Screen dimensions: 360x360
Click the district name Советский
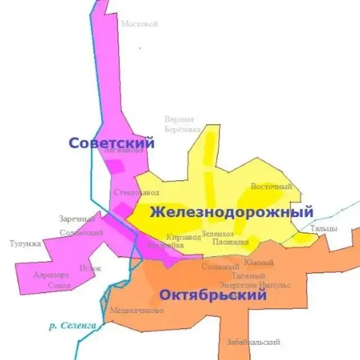[111, 143]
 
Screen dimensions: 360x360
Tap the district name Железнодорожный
[231, 213]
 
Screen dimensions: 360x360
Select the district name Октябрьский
[213, 295]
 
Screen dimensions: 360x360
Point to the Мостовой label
[139, 24]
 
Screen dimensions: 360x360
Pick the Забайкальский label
[254, 342]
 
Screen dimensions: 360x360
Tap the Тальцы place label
[323, 228]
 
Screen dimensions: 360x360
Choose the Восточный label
[272, 187]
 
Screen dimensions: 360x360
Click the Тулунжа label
[25, 244]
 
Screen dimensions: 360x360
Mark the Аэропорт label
[51, 275]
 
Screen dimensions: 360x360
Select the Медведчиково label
[137, 310]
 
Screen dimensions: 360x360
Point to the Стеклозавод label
[137, 192]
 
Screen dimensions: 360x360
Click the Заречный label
[77, 219]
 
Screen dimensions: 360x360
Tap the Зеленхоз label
[217, 233]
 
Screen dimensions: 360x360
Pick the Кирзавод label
[183, 237]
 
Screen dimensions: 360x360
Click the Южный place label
[259, 263]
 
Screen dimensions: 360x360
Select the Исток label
[91, 268]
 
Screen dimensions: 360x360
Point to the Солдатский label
[81, 232]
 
